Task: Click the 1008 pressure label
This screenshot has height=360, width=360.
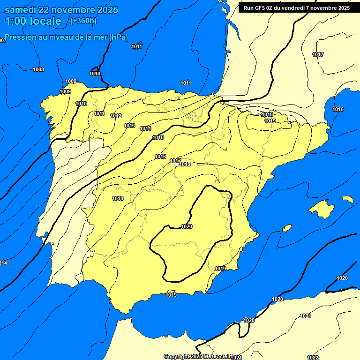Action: click(38, 69)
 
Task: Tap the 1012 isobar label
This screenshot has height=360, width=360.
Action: click(116, 116)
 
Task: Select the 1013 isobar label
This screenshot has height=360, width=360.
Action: click(129, 126)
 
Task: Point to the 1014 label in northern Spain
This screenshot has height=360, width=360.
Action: click(145, 128)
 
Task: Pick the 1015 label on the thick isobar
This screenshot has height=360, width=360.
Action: click(158, 137)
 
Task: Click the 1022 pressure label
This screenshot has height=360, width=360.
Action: click(313, 358)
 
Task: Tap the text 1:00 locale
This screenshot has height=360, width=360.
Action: click(33, 21)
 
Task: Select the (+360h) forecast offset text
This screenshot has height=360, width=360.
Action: click(83, 21)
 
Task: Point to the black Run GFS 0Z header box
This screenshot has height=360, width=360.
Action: click(296, 7)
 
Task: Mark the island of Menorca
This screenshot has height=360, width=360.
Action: click(347, 199)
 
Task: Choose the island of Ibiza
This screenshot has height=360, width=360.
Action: click(287, 228)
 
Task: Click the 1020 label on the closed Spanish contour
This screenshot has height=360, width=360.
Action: click(187, 226)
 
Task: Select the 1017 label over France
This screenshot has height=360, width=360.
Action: click(318, 54)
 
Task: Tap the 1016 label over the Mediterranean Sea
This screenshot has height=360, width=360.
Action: click(338, 109)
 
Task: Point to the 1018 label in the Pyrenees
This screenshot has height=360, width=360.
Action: click(267, 114)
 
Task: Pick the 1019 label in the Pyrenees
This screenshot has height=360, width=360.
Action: click(270, 121)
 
